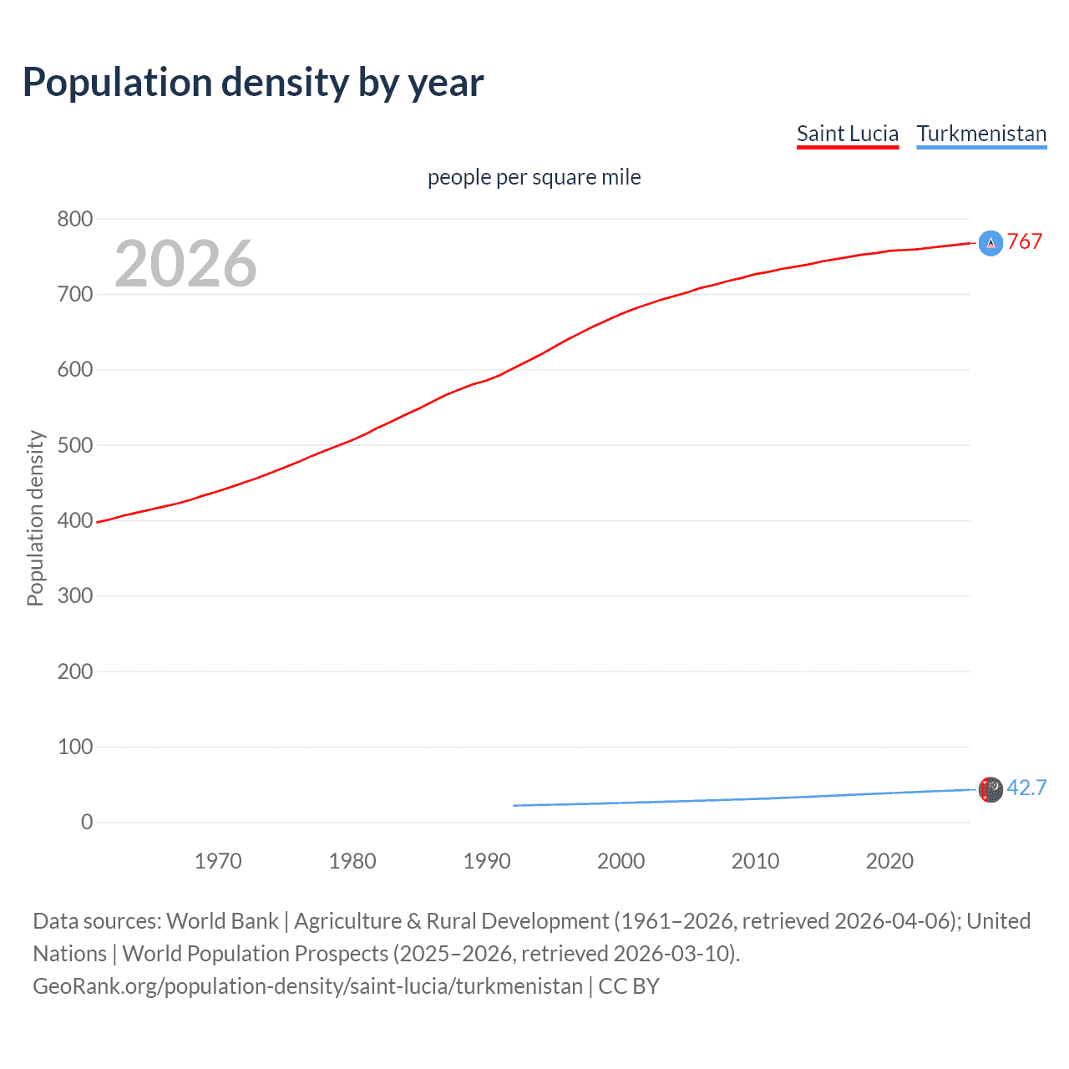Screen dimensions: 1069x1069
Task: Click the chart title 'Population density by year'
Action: [253, 83]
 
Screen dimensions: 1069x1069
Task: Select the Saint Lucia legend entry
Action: [847, 134]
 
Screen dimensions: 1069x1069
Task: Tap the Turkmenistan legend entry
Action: [981, 134]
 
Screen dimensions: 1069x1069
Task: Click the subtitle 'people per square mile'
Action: [534, 177]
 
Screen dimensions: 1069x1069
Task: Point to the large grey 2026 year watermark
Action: [185, 264]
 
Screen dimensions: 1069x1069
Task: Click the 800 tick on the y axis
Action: [75, 219]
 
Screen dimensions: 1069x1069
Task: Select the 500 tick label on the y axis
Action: [75, 445]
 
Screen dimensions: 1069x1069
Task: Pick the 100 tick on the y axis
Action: [75, 747]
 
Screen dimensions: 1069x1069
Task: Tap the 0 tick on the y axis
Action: [87, 822]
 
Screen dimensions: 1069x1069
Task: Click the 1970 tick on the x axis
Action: [218, 861]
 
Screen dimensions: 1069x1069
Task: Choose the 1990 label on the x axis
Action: [487, 861]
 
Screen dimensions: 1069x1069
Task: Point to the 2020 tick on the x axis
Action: [889, 861]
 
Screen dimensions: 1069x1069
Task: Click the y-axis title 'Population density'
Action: [35, 518]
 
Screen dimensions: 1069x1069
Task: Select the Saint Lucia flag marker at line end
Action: [990, 243]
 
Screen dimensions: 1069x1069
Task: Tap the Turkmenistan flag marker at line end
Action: [990, 789]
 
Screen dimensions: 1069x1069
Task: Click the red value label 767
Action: [1025, 241]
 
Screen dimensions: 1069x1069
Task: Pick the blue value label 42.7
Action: [1026, 788]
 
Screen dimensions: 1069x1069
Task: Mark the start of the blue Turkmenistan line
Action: [514, 805]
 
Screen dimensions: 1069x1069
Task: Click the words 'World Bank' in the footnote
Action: [222, 920]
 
